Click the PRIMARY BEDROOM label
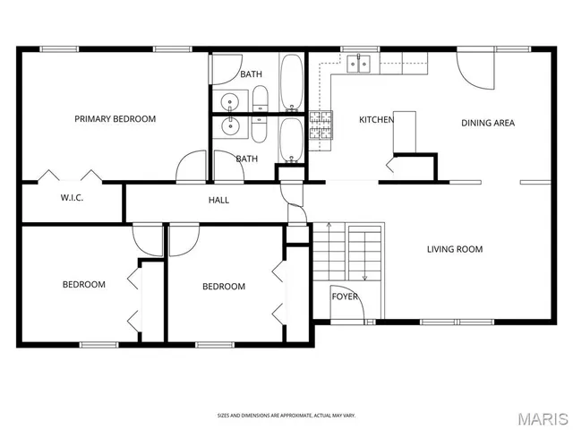click(115, 119)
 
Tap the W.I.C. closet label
click(72, 198)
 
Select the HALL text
click(219, 201)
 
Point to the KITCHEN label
click(377, 120)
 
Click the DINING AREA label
click(488, 124)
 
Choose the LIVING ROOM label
click(454, 250)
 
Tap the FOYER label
click(345, 297)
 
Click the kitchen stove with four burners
click(321, 125)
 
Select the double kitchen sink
click(360, 63)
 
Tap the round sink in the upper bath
click(229, 100)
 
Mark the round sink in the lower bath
click(229, 127)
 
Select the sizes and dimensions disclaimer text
click(286, 416)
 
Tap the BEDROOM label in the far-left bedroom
click(83, 285)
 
